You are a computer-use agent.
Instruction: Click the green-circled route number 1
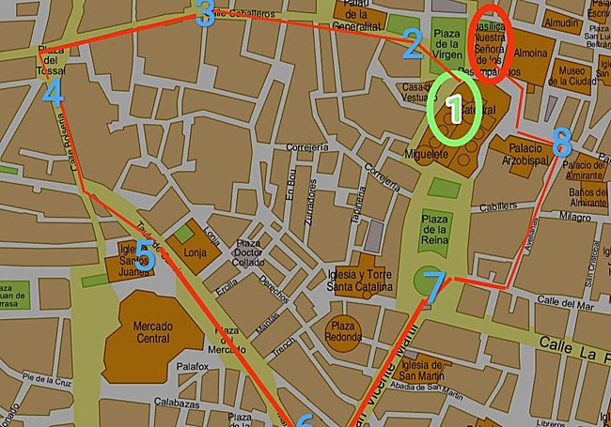(454, 111)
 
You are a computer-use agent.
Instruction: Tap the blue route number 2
(412, 44)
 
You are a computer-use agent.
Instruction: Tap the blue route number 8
(562, 143)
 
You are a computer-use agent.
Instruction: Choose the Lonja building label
(196, 252)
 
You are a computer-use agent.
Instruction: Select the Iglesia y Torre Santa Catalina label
(354, 278)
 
